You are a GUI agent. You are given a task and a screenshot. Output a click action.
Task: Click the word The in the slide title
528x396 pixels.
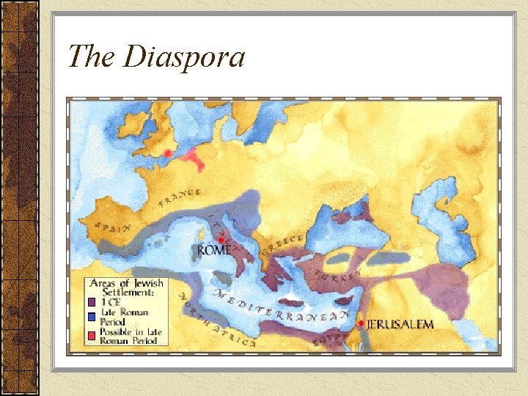(94, 56)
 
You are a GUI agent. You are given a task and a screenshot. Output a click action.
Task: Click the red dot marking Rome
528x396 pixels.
(221, 240)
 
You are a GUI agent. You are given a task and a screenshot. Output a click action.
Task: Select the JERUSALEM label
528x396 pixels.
(400, 324)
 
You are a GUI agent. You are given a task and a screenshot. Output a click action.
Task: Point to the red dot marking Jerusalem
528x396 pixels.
(362, 323)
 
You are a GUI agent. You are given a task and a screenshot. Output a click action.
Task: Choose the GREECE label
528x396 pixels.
(284, 244)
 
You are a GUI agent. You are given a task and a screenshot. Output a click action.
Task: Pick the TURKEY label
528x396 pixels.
(342, 272)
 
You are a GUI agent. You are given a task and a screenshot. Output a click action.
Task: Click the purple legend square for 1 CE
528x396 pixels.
(92, 301)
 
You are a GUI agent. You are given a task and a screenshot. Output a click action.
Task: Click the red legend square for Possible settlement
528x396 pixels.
(92, 334)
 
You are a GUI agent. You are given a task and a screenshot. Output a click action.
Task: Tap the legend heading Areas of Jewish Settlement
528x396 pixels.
(127, 287)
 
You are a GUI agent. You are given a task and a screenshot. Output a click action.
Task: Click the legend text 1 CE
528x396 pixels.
(111, 301)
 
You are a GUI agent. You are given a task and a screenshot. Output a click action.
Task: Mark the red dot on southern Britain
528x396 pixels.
(168, 153)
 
